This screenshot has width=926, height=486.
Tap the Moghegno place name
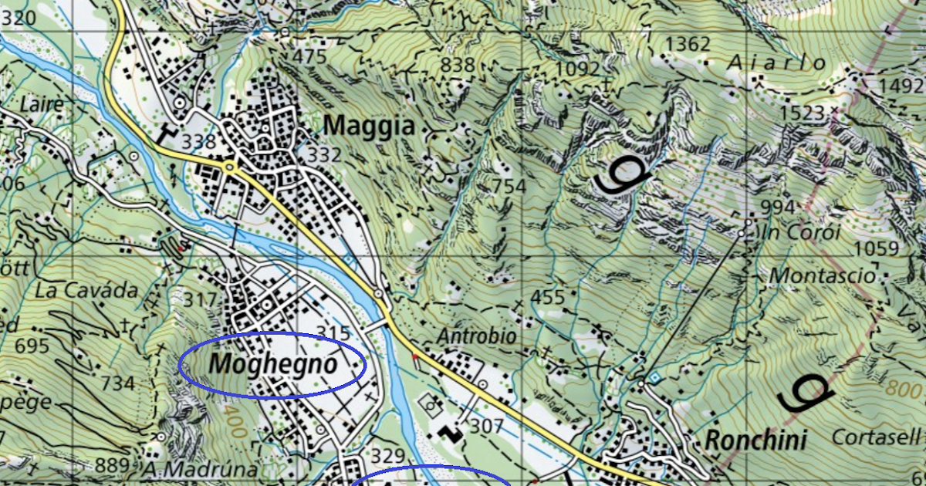tap(273, 363)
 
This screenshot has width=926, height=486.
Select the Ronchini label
tap(756, 440)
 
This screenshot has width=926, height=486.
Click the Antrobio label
tap(476, 337)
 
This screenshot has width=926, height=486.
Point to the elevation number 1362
tap(687, 45)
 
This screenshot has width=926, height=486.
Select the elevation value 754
tap(509, 186)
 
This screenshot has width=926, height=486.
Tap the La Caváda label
tap(87, 291)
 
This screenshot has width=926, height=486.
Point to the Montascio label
tap(823, 275)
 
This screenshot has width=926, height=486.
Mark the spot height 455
tap(549, 298)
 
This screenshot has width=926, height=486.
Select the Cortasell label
tap(877, 437)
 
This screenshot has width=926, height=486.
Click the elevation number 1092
tap(577, 69)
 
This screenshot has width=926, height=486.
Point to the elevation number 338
tap(198, 142)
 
